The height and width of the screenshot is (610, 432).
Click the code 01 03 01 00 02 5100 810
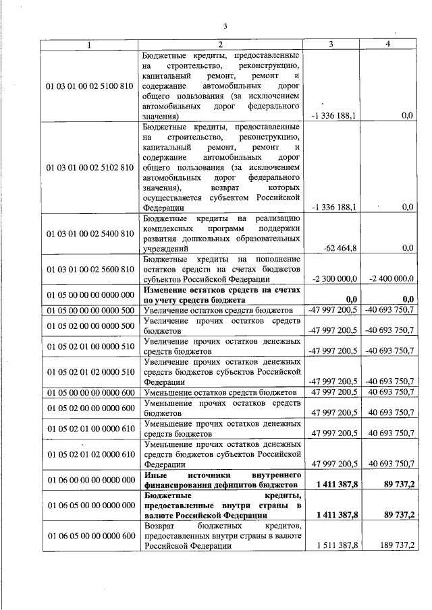tap(90, 86)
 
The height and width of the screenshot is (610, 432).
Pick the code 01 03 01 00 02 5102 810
tap(90, 166)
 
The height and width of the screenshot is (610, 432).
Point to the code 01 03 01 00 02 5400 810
tap(90, 234)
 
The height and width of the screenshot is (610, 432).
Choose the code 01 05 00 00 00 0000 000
tap(90, 295)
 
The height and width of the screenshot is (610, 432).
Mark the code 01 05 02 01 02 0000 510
tap(90, 371)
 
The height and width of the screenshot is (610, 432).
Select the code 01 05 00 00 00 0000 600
tap(90, 392)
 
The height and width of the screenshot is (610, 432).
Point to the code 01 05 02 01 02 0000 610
tap(90, 454)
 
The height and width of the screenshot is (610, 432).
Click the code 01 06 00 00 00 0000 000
tap(90, 479)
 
